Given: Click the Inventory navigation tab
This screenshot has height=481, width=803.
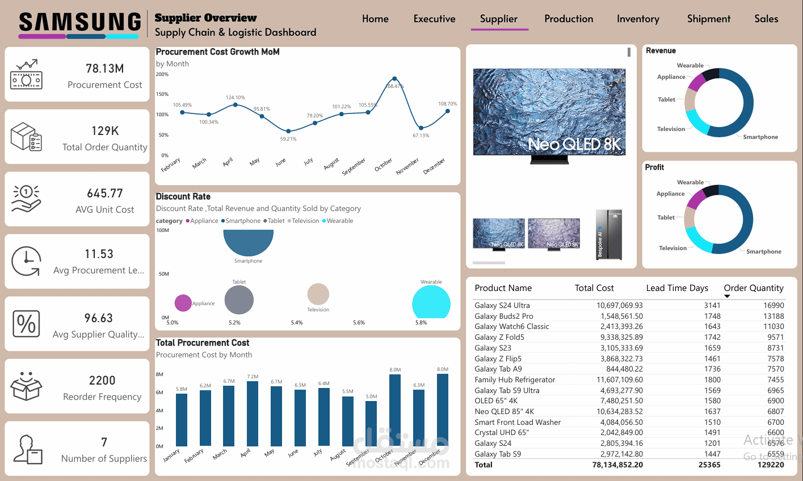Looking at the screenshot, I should [x=638, y=19].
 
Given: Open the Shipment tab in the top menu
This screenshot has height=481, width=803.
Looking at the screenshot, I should [x=708, y=19].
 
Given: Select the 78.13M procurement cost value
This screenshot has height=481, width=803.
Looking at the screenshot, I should [x=105, y=69].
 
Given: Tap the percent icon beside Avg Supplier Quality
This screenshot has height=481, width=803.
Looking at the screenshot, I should [x=26, y=324].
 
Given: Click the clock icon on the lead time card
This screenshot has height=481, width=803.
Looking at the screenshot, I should [x=26, y=261].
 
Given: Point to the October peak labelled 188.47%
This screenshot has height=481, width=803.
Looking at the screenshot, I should [x=394, y=79].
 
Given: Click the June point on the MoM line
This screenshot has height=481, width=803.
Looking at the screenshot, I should [x=288, y=132].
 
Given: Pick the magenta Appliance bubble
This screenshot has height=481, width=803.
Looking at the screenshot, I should [x=183, y=303].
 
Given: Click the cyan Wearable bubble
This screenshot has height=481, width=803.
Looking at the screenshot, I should [x=431, y=302].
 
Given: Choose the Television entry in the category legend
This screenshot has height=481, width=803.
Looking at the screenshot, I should [x=305, y=221].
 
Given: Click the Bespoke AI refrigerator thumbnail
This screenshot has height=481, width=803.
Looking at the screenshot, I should [x=608, y=234].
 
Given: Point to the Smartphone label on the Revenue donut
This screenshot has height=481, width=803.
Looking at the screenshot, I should [x=760, y=137].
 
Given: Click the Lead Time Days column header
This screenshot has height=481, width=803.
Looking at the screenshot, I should [x=677, y=288].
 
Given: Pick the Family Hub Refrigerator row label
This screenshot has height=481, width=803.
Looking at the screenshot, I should [x=515, y=379].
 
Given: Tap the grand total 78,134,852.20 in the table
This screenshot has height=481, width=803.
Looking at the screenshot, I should [x=617, y=465].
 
